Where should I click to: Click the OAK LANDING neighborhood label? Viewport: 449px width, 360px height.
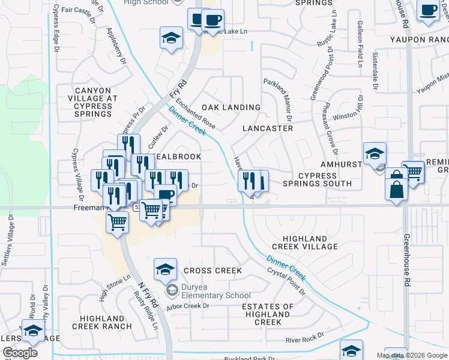[231, 107]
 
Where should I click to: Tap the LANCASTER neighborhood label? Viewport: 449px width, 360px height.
[268, 128]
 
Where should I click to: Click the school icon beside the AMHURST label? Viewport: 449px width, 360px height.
[375, 154]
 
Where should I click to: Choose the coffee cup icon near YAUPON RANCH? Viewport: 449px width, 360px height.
[429, 11]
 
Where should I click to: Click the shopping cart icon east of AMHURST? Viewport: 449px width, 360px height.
[412, 172]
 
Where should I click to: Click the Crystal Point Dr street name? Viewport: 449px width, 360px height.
[286, 282]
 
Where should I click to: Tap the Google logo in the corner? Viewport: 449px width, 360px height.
[20, 353]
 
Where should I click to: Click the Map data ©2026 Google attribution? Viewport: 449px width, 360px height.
[412, 355]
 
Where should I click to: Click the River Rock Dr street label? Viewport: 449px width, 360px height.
[305, 338]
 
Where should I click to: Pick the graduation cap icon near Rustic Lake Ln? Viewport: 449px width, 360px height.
[172, 38]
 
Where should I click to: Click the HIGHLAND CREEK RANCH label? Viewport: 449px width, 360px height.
[101, 322]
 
